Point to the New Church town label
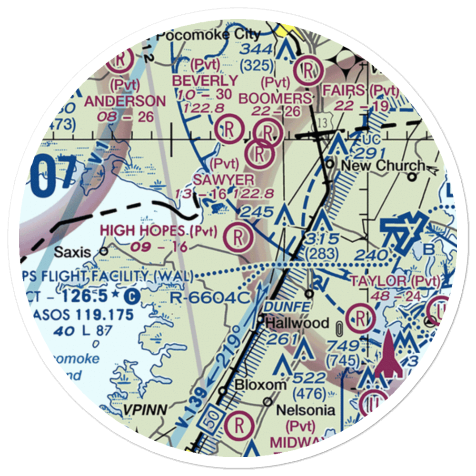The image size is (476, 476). pos(383,166)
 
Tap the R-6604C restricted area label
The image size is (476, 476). pos(210,298)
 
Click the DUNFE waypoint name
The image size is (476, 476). pos(283,307)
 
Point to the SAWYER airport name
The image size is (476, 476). pos(224,179)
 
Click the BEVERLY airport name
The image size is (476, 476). pos(205,81)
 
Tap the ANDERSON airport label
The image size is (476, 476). pos(125,101)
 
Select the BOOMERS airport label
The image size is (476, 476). pos(275,99)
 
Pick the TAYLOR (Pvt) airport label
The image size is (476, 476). pos(395,281)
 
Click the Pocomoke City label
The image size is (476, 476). pos(208,35)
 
